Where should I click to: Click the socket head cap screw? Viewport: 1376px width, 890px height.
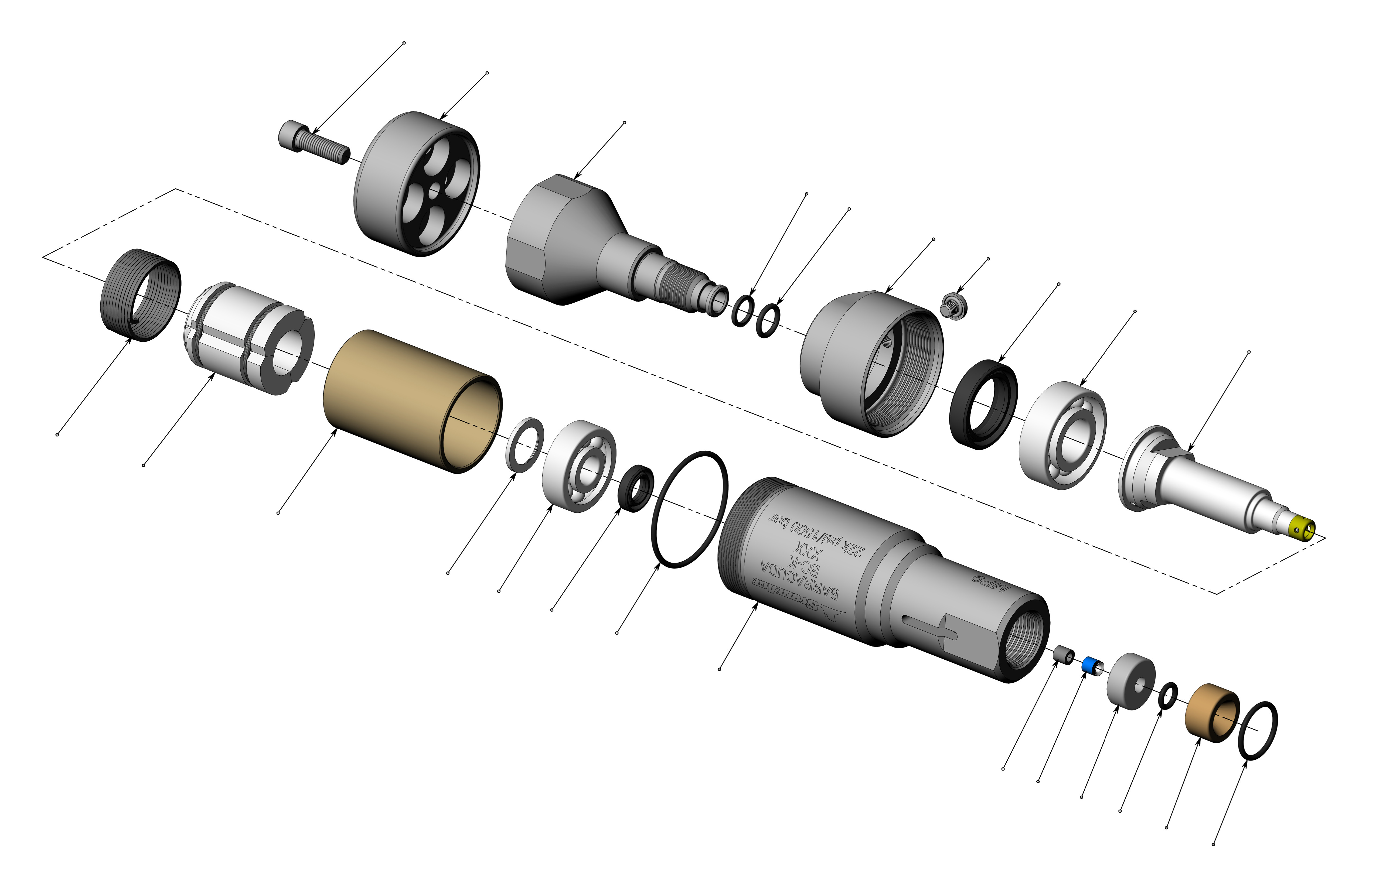(x=314, y=142)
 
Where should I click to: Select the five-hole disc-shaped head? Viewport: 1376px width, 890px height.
(x=416, y=184)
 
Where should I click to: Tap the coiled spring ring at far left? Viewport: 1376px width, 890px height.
(x=141, y=295)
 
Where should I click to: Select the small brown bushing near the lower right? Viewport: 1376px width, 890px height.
(x=1211, y=713)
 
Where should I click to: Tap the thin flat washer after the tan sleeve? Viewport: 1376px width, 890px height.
(x=524, y=444)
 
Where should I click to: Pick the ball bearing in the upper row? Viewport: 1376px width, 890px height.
(x=1063, y=435)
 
